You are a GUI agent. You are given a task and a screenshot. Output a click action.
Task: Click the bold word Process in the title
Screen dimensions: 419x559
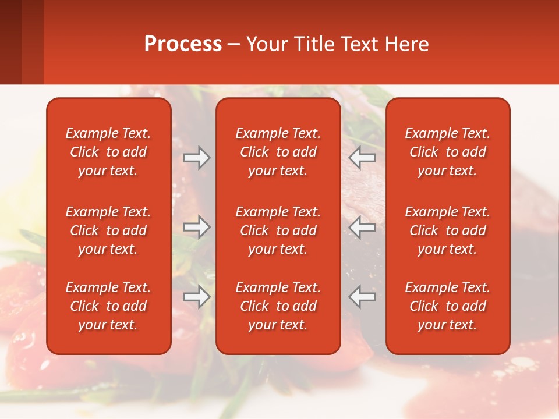click(183, 44)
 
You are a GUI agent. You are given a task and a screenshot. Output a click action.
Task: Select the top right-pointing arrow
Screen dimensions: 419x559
click(197, 158)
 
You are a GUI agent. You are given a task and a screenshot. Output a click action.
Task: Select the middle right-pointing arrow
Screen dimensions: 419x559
click(197, 227)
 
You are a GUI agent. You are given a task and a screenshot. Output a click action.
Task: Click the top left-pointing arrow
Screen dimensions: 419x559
click(362, 158)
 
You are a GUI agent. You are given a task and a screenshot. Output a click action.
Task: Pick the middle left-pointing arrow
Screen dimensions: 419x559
click(362, 227)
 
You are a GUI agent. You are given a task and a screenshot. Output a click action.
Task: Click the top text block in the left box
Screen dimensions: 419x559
click(108, 152)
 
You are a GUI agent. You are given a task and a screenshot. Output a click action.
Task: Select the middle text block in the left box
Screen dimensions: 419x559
click(108, 230)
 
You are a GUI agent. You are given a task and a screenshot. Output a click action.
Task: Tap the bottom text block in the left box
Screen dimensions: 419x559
click(108, 306)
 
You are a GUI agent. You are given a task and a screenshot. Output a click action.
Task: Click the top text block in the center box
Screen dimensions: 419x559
click(278, 152)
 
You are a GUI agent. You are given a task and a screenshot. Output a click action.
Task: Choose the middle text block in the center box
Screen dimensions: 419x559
click(278, 230)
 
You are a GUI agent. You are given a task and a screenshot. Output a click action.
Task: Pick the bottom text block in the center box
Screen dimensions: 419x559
click(278, 306)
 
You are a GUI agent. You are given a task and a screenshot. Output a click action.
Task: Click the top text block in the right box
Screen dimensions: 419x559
click(447, 152)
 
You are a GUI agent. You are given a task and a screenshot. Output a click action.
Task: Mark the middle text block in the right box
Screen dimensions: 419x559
click(447, 230)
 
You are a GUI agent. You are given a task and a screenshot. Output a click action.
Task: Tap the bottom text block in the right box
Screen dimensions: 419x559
click(447, 306)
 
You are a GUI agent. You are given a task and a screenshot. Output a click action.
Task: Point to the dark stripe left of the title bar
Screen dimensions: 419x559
click(10, 42)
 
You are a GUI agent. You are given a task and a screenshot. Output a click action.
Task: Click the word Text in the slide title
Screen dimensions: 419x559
click(360, 44)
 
